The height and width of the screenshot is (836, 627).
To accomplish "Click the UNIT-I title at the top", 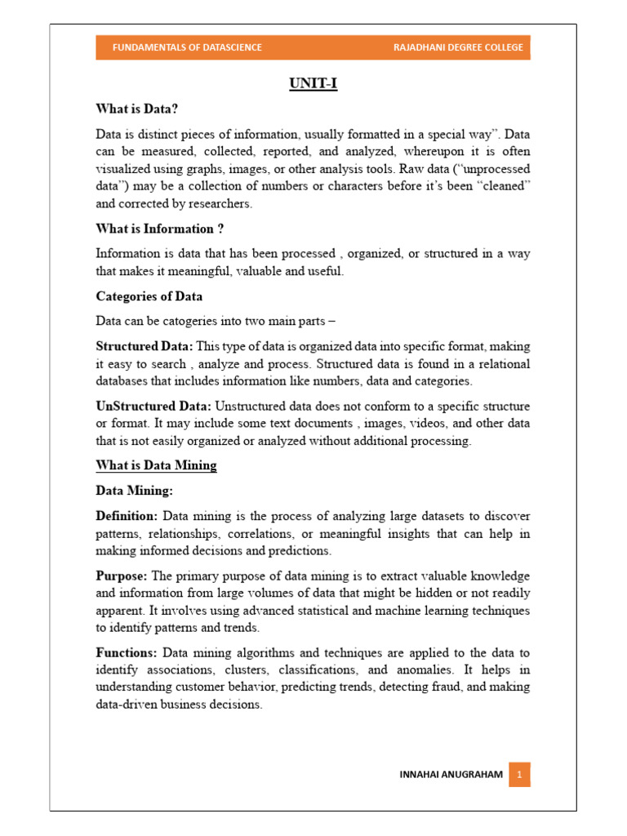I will click(313, 83).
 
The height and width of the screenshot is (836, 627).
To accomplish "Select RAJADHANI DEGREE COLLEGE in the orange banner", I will click(458, 47).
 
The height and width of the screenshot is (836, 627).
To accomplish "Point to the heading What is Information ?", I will click(159, 229).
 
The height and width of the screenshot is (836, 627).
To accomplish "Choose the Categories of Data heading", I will click(149, 296).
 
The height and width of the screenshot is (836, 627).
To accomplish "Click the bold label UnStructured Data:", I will click(153, 406).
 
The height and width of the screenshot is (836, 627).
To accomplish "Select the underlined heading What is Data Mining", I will click(156, 465).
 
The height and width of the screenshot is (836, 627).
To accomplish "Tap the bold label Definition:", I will click(127, 516).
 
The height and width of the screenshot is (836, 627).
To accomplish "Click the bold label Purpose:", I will click(122, 576).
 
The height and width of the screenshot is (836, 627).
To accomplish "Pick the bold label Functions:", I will click(127, 652).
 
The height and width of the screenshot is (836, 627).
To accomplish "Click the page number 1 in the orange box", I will click(519, 774).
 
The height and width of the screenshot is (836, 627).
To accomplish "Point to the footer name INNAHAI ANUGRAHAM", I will click(451, 774).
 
